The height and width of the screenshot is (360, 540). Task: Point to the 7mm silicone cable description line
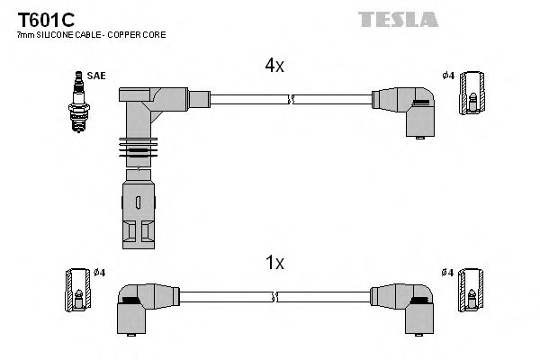[91, 34]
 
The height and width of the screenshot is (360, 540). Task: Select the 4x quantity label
[274, 66]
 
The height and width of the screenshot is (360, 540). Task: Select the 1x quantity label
[274, 263]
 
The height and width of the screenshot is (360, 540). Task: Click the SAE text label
[96, 76]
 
